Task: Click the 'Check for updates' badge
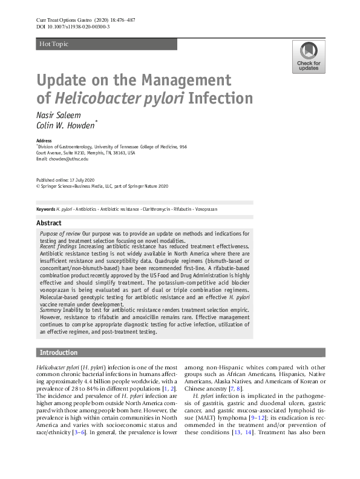309,57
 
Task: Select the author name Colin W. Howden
66,125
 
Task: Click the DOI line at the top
73,27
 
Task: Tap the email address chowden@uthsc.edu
69,159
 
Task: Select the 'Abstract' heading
49,222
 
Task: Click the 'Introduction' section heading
59,352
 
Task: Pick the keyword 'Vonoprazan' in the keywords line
206,209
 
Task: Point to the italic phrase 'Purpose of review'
60,233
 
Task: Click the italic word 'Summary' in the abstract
51,310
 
